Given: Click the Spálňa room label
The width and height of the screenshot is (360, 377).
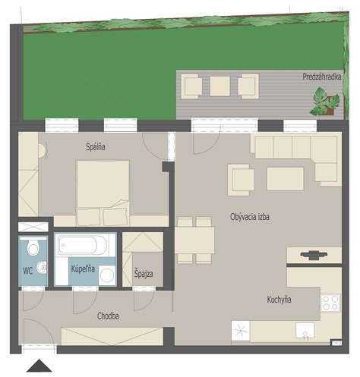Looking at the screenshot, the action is [96, 147].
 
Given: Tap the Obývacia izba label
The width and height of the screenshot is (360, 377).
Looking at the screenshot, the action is [250, 217].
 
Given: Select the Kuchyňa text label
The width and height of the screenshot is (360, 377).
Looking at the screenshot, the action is [279, 300].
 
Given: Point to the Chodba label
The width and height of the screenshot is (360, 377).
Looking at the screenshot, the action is [108, 316].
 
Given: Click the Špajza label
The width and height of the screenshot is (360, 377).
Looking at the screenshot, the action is [144, 274].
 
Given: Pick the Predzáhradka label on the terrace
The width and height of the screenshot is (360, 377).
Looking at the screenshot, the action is [322, 77].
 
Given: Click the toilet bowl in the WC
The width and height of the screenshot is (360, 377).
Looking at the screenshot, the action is [33, 247].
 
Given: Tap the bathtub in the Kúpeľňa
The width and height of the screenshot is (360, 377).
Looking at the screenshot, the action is [82, 245].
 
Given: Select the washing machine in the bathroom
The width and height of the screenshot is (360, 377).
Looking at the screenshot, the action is [107, 275].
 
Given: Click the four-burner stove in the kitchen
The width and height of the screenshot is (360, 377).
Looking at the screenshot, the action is [330, 303].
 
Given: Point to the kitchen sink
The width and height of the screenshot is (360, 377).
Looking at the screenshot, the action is [305, 331].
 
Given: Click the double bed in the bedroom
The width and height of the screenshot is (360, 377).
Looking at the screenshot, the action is [103, 193].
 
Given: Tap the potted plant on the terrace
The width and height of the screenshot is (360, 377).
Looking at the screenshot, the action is [325, 102].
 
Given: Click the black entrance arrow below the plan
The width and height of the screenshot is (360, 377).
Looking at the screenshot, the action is [39, 366].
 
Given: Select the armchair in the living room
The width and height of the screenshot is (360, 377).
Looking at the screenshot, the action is [241, 180].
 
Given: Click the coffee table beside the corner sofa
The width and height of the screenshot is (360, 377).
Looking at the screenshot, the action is [285, 179].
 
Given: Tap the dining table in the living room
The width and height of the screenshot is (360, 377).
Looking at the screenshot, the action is [194, 240].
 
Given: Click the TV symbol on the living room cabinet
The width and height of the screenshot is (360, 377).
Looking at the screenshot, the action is [314, 255].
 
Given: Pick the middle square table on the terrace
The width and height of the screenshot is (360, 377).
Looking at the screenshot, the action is [220, 86].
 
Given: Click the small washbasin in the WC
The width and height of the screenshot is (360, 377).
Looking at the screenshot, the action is [42, 267].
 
